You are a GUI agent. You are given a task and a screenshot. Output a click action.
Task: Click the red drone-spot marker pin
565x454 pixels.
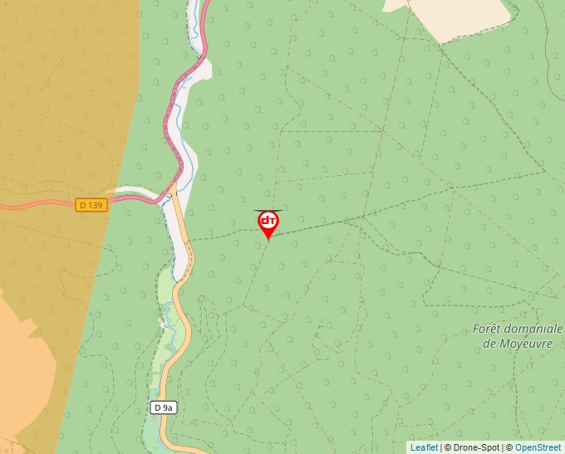pos(268,223)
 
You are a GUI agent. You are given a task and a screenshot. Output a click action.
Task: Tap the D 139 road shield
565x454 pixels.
pos(91,204)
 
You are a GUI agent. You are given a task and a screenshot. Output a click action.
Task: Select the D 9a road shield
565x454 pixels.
pos(165,408)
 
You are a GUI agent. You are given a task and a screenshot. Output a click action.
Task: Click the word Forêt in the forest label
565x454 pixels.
pos(489,329)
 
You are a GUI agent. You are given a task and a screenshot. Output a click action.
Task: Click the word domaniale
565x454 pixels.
pos(535,329)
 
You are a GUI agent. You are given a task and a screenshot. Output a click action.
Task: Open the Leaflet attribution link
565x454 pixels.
pos(424,447)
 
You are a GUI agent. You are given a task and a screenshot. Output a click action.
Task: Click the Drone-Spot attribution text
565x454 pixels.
pos(471,447)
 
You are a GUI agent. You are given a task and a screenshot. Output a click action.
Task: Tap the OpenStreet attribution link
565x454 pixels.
pos(538,447)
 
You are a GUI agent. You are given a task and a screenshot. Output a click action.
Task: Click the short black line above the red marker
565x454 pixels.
pos(267,211)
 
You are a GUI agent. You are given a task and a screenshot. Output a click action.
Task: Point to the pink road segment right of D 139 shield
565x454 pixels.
pos(133,200)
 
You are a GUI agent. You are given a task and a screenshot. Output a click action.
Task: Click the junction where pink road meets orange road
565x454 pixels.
pos(169,194)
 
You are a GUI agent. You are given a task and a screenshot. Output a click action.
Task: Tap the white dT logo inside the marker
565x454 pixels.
pos(268,221)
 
